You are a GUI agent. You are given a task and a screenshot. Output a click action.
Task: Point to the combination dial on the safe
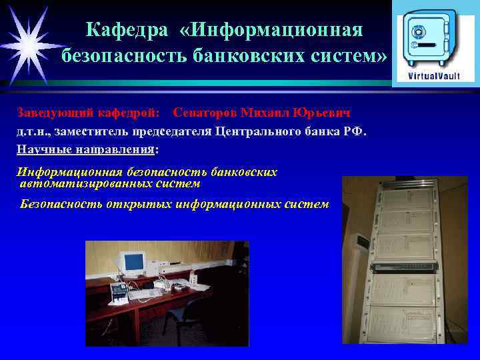click(419, 33)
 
